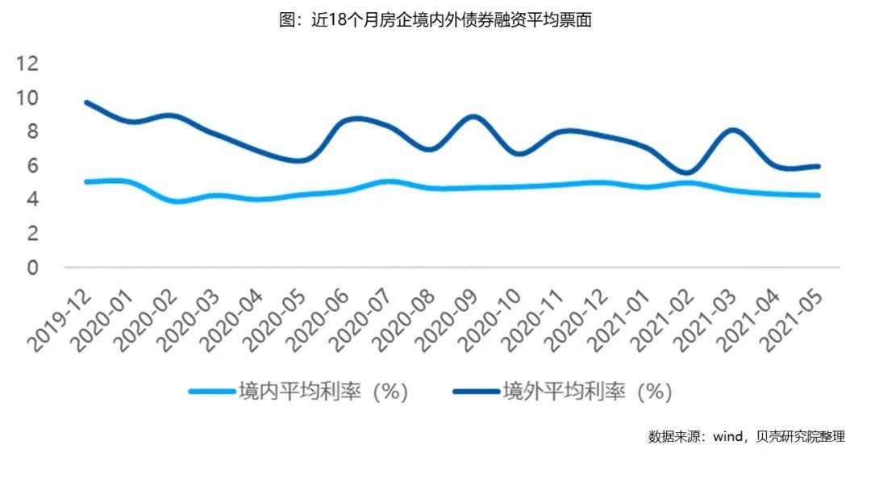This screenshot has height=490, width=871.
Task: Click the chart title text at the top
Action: [435, 21]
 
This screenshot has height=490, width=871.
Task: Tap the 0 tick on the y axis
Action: [32, 267]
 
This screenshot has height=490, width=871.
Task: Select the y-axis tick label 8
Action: [32, 131]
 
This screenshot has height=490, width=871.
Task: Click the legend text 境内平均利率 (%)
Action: [323, 392]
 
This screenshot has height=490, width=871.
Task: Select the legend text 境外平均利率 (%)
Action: [587, 392]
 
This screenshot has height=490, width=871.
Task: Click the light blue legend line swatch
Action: [211, 392]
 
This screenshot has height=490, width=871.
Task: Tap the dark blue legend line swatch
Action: [476, 392]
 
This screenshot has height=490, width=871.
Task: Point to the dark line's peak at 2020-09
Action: [474, 117]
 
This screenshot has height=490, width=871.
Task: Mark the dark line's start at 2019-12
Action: [86, 102]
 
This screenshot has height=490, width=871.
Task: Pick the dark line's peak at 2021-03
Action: [731, 130]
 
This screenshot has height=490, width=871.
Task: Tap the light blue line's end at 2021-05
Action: [818, 195]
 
